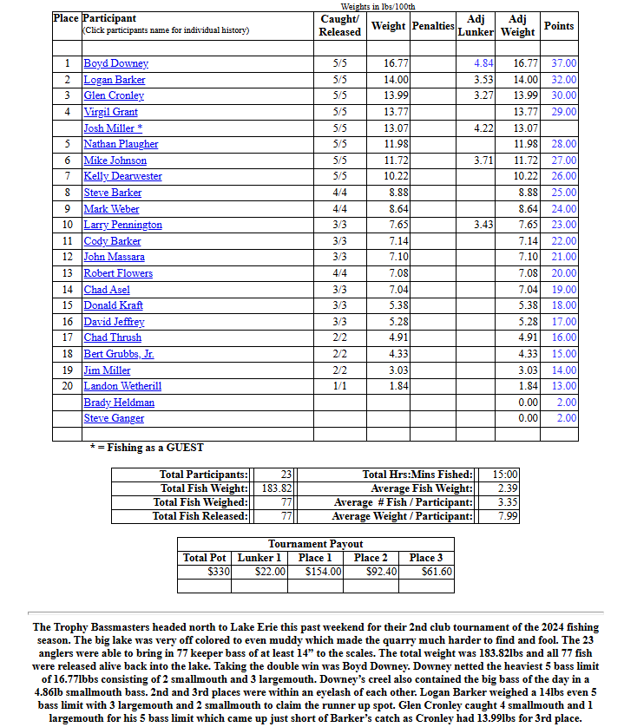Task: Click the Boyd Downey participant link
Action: coord(115,63)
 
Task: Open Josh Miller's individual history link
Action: coord(108,128)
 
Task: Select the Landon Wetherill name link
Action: coord(122,386)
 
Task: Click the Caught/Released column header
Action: coord(340,25)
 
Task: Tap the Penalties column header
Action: coord(433,26)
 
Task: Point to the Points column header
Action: coord(559,26)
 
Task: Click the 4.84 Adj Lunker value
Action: coord(483,63)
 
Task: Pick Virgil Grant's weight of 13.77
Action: coord(397,112)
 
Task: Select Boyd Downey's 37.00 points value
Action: coord(563,63)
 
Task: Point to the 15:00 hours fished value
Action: coord(505,475)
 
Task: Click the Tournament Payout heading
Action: coord(315,544)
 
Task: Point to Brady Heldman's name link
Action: coord(119,403)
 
